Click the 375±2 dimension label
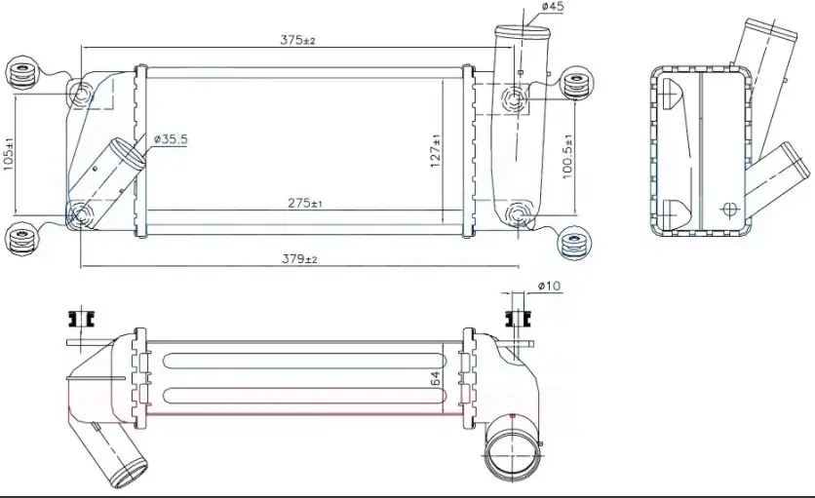tap(298, 40)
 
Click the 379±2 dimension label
tap(299, 258)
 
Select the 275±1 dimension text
tap(305, 203)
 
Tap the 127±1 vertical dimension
tap(436, 151)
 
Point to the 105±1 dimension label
tap(9, 154)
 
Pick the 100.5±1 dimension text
tap(567, 157)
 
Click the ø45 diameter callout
tap(553, 6)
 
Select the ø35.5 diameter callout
tap(171, 138)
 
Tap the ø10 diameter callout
tap(550, 286)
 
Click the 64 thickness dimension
tap(436, 378)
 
